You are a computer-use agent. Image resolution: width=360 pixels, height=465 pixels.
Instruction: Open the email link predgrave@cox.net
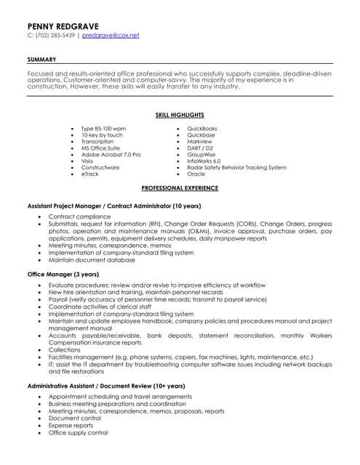111,35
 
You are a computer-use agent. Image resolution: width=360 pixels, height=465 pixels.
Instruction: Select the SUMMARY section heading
41,59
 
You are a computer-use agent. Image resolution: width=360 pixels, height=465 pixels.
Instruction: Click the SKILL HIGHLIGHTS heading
180,115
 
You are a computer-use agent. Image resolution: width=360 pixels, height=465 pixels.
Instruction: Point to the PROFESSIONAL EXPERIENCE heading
180,187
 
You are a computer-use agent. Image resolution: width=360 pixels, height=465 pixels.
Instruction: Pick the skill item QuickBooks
202,129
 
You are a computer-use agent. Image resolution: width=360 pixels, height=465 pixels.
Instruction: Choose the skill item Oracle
196,174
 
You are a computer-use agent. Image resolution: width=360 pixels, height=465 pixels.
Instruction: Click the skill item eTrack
90,174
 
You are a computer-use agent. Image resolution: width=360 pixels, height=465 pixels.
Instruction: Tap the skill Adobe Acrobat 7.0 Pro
111,155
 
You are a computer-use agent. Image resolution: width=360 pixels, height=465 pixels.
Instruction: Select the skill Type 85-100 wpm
103,129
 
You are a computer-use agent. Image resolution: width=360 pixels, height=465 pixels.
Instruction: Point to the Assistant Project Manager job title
114,206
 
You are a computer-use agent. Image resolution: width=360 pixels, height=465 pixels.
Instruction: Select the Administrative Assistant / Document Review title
106,385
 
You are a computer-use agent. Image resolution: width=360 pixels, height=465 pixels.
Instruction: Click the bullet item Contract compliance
79,217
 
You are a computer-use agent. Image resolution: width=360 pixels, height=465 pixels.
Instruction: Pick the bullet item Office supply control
78,432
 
